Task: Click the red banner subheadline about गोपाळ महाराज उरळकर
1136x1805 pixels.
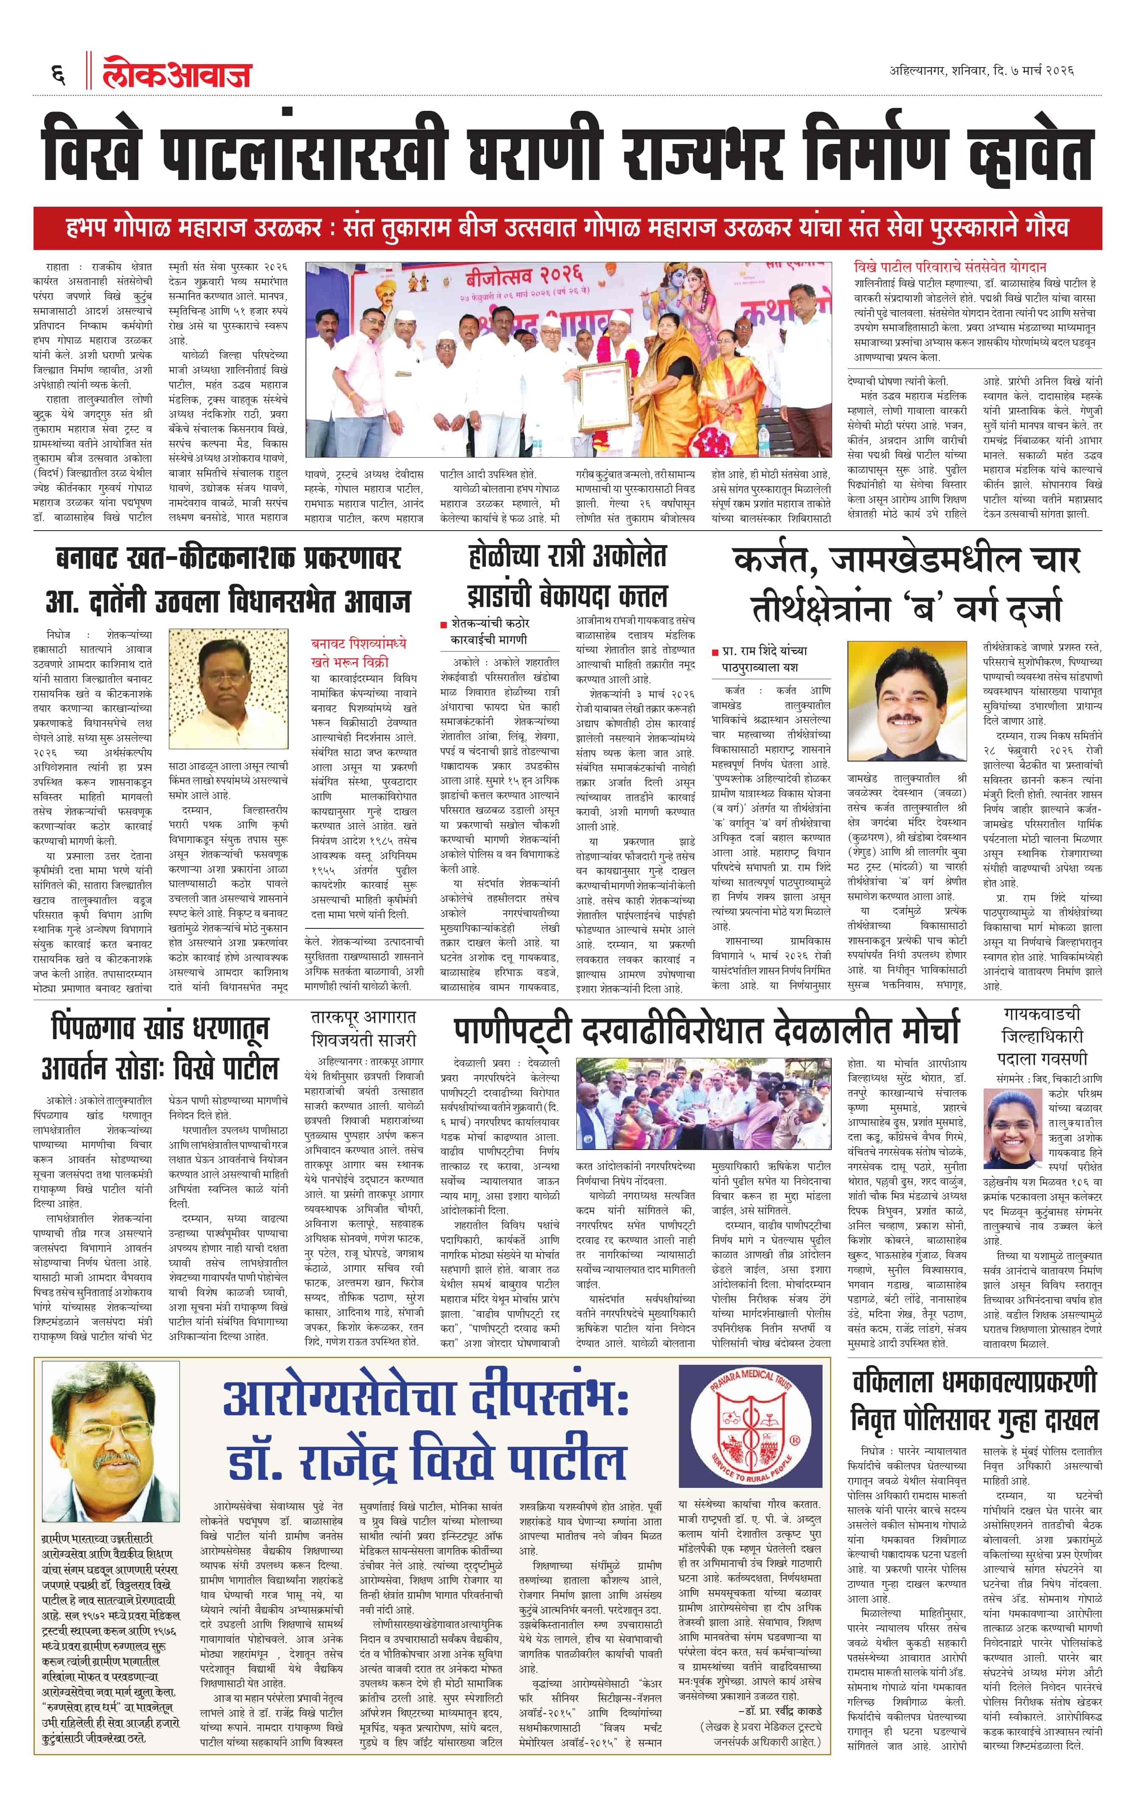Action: pyautogui.click(x=567, y=228)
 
